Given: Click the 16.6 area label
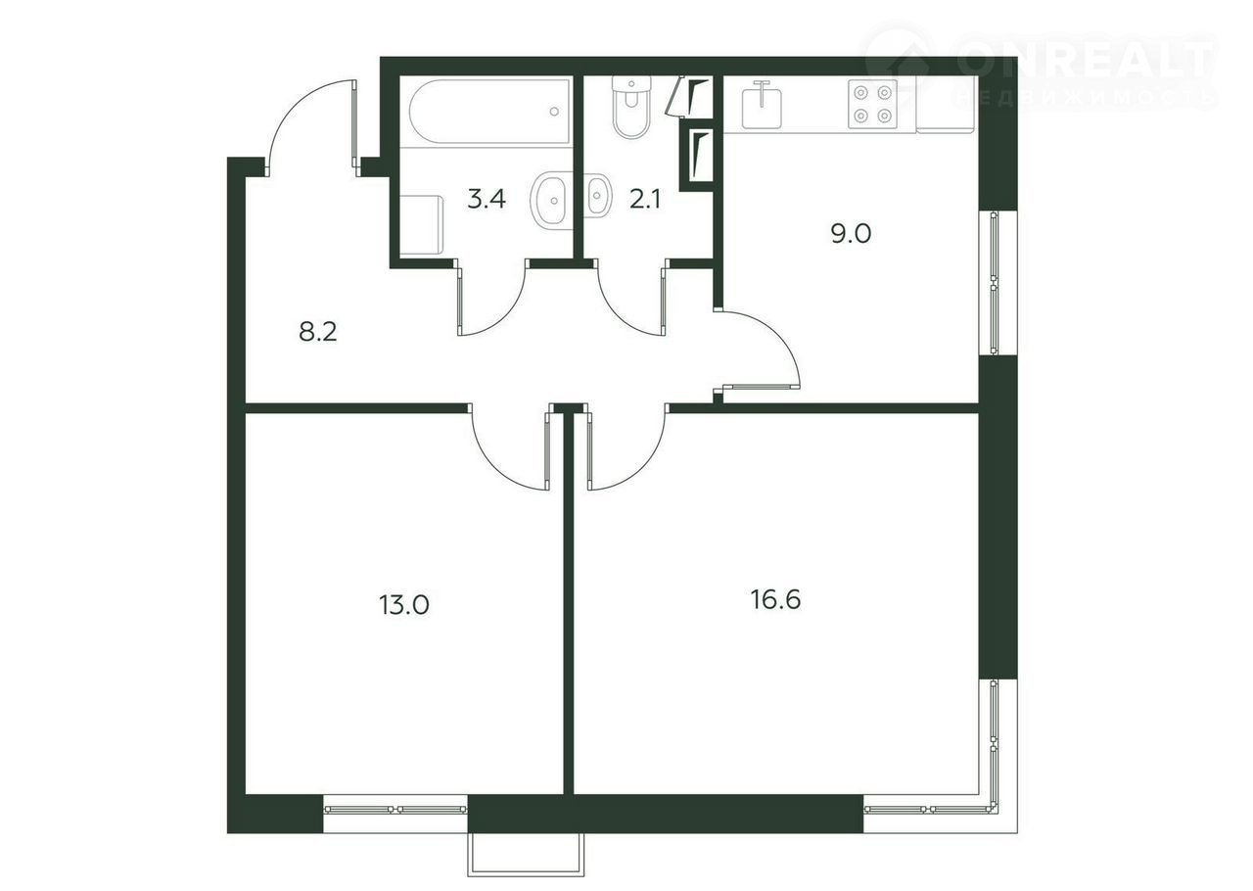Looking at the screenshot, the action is pyautogui.click(x=775, y=600).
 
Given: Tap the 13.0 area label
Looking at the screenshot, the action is pyautogui.click(x=404, y=605).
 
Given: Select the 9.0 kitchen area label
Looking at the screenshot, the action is pyautogui.click(x=851, y=233).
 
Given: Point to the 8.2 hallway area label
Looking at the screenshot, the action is pyautogui.click(x=318, y=333).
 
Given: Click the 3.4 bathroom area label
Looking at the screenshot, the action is pyautogui.click(x=487, y=199).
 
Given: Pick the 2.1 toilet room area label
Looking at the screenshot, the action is pyautogui.click(x=645, y=199).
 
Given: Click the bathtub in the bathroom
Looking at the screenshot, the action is pyautogui.click(x=490, y=113).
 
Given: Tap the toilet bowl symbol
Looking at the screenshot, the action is pyautogui.click(x=631, y=107).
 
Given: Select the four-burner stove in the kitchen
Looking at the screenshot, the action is pyautogui.click(x=872, y=104).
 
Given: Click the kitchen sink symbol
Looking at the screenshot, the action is pyautogui.click(x=762, y=105).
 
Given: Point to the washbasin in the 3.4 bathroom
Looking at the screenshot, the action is pyautogui.click(x=550, y=200).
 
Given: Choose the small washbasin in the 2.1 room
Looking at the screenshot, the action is pyautogui.click(x=597, y=195).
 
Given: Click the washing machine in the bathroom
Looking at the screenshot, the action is pyautogui.click(x=422, y=224).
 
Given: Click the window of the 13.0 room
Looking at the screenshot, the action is pyautogui.click(x=395, y=810).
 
